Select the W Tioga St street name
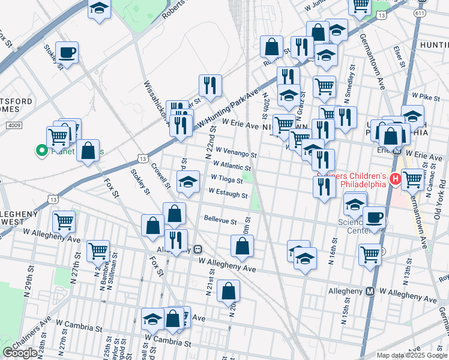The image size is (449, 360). coord(227,179)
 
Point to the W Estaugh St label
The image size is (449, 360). coord(228,194)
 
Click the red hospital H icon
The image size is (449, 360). coord(396,179)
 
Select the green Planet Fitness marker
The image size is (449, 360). coord(42,151)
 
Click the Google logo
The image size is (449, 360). coord(20,353)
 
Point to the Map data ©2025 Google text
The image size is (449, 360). coord(412,355)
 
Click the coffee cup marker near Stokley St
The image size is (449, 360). coord(67,52)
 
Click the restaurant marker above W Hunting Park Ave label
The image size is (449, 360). coord(210,85)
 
